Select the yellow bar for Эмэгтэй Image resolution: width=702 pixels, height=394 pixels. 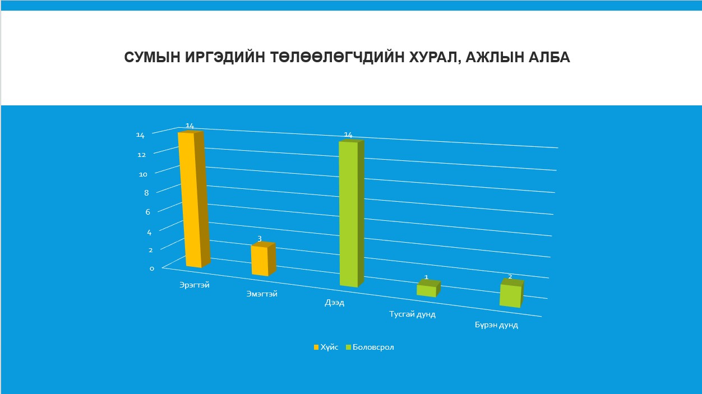tap(264, 259)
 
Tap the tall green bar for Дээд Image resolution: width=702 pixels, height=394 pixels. tap(352, 213)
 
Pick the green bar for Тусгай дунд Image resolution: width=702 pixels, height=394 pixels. tap(428, 289)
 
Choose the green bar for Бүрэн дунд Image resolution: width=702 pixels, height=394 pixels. tap(511, 293)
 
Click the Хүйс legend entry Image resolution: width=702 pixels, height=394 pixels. tap(326, 347)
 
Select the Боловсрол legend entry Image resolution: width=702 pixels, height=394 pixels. tap(370, 347)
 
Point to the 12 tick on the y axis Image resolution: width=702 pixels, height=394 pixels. tap(142, 155)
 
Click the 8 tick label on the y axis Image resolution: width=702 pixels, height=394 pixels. tap(146, 193)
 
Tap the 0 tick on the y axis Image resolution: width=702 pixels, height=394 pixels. tap(152, 268)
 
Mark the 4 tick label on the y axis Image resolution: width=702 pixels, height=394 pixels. tap(149, 233)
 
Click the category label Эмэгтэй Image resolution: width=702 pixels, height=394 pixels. tap(262, 294)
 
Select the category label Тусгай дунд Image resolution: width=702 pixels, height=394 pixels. tap(413, 314)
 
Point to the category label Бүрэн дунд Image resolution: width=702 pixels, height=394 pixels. tap(496, 325)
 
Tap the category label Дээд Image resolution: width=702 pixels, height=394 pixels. tap(334, 303)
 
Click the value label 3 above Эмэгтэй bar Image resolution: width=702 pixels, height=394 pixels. tap(260, 239)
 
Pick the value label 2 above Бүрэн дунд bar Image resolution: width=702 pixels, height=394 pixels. tap(510, 276)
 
